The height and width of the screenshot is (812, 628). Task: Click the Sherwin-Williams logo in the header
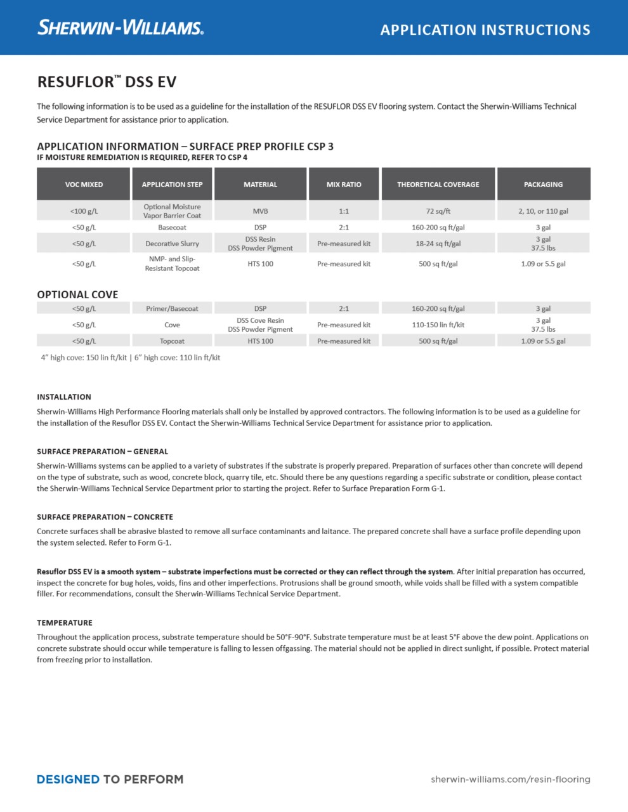click(x=121, y=27)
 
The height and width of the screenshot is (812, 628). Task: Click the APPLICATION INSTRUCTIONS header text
click(x=485, y=30)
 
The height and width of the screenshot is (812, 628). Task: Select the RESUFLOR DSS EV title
click(x=107, y=82)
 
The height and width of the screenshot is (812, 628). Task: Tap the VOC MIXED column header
click(x=84, y=185)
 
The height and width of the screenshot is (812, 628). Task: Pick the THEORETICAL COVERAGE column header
click(x=438, y=185)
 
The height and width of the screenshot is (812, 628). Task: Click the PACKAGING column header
click(x=543, y=185)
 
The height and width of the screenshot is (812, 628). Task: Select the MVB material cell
click(x=260, y=211)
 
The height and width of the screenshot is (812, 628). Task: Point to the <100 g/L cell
click(x=84, y=211)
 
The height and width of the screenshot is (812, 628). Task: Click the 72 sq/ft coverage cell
click(x=438, y=211)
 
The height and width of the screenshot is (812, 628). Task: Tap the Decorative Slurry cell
click(x=172, y=244)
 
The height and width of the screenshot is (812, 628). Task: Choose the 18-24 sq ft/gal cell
click(x=438, y=244)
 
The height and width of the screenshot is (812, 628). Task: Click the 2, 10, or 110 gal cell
click(x=543, y=211)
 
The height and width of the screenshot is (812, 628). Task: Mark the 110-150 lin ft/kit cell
click(x=438, y=325)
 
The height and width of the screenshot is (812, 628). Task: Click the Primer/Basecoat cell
click(x=172, y=309)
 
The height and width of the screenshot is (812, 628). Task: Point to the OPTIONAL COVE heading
click(x=77, y=294)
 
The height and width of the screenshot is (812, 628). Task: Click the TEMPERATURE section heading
click(x=65, y=623)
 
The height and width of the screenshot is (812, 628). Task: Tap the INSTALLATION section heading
click(x=64, y=397)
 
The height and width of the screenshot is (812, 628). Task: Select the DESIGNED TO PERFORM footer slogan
click(x=110, y=779)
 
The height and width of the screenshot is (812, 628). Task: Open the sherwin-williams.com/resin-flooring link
click(x=510, y=779)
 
